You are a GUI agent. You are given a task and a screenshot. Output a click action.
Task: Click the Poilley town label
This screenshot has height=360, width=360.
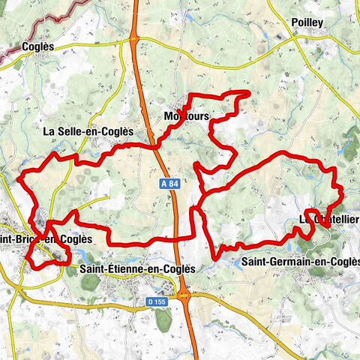pos(307,22)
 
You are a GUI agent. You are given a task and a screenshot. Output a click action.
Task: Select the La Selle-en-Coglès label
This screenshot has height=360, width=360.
pos(88,131)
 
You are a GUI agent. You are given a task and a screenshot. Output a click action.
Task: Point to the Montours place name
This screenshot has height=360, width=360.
pos(185,116)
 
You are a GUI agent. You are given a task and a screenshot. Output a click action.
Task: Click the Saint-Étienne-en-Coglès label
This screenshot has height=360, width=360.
pos(136,268)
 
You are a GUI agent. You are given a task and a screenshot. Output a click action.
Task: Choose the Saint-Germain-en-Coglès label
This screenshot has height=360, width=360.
pos(300,262)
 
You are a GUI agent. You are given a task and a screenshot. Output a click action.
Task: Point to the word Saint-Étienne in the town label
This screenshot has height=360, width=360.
pos(109,268)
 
